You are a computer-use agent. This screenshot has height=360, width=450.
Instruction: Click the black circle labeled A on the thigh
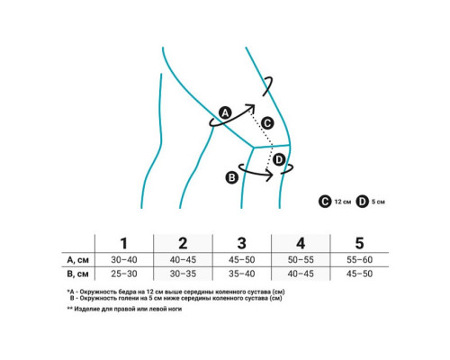click(x=225, y=112)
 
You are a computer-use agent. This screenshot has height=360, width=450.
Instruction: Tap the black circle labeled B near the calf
click(x=232, y=177)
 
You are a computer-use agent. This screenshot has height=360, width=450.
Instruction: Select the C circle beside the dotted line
click(x=267, y=123)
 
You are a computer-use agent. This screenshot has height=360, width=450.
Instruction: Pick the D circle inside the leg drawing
click(x=279, y=159)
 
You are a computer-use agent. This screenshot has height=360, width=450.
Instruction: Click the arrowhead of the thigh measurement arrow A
click(x=250, y=107)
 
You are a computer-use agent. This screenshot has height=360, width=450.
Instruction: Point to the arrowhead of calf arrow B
click(x=269, y=175)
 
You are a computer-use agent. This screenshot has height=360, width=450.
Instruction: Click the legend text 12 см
click(x=343, y=202)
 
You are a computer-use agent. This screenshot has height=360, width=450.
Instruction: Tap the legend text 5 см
click(x=378, y=202)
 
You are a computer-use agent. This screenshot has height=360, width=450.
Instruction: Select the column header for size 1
click(x=124, y=243)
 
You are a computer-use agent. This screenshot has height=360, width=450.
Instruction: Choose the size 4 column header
click(x=301, y=243)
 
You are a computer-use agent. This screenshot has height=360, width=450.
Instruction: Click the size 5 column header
click(x=359, y=243)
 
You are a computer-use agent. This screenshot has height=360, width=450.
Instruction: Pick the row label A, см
click(x=77, y=260)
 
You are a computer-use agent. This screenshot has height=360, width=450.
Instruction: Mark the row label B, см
click(x=77, y=274)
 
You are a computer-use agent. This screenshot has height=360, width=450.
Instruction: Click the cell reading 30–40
click(x=124, y=259)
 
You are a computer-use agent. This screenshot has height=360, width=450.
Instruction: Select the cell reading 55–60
click(x=359, y=259)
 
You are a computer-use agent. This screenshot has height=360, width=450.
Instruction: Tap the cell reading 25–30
click(x=124, y=274)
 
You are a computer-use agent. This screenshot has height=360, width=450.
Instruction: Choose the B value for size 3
click(x=242, y=274)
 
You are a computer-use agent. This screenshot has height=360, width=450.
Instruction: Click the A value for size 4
click(x=301, y=259)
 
